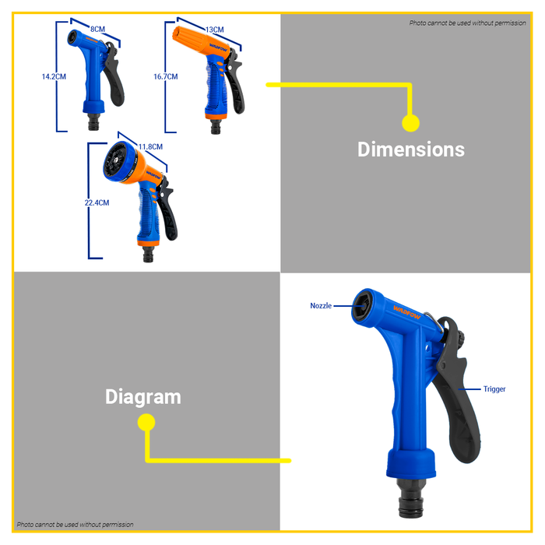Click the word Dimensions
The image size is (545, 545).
pyautogui.click(x=410, y=149)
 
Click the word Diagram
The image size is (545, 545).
pyautogui.click(x=142, y=396)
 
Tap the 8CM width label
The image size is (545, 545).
pyautogui.click(x=97, y=29)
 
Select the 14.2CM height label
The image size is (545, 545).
pyautogui.click(x=53, y=77)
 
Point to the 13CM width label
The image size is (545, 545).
pyautogui.click(x=214, y=30)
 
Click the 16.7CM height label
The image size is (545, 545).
pyautogui.click(x=165, y=77)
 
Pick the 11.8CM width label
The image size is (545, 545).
pyautogui.click(x=149, y=146)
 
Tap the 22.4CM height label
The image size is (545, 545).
pyautogui.click(x=97, y=202)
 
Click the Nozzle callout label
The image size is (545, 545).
pyautogui.click(x=321, y=306)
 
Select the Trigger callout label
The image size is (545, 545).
pyautogui.click(x=494, y=389)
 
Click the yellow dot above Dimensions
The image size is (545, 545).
pyautogui.click(x=410, y=123)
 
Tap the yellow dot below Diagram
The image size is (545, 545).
pyautogui.click(x=146, y=423)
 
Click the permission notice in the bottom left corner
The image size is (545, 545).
pyautogui.click(x=76, y=525)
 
